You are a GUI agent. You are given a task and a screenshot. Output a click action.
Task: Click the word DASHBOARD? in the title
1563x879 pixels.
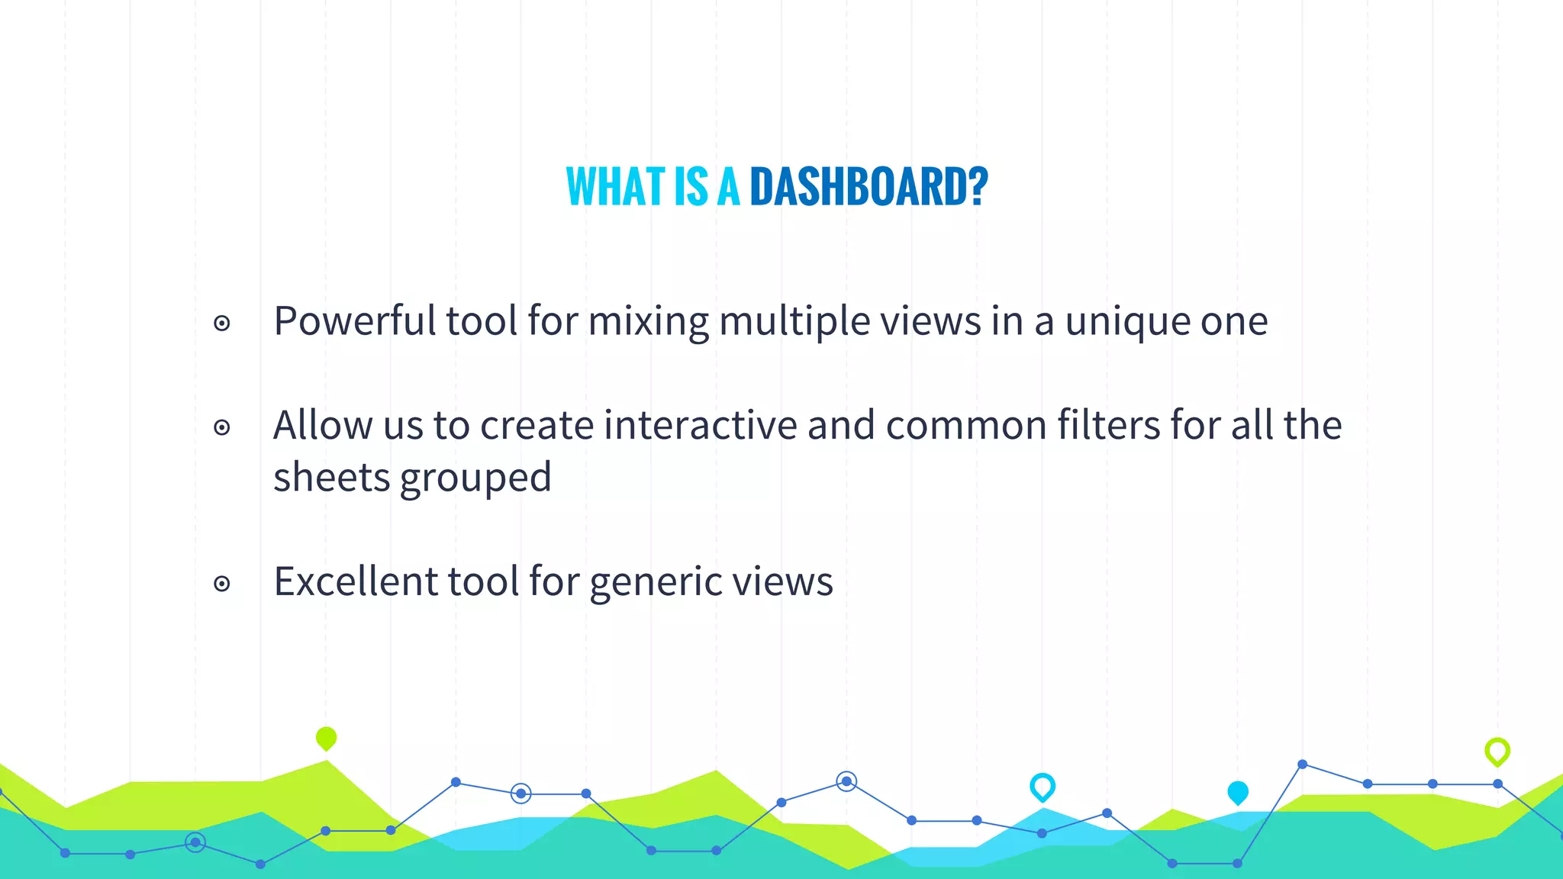[x=869, y=187]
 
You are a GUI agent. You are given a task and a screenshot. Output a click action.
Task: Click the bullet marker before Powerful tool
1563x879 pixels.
[x=222, y=324]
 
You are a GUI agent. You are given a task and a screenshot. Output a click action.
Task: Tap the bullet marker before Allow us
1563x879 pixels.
[x=222, y=427]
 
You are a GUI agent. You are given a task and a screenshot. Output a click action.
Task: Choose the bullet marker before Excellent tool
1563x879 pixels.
[x=222, y=584]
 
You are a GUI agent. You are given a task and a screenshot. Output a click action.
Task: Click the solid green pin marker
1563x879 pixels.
[x=326, y=738]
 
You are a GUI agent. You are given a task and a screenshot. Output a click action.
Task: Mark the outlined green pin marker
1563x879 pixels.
[x=1497, y=751]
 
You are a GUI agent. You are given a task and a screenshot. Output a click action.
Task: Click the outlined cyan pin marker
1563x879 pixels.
[x=1043, y=786]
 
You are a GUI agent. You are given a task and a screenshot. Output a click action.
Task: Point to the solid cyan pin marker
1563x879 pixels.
[x=1238, y=792]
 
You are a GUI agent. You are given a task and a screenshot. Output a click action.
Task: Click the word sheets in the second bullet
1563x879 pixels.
[x=332, y=478]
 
